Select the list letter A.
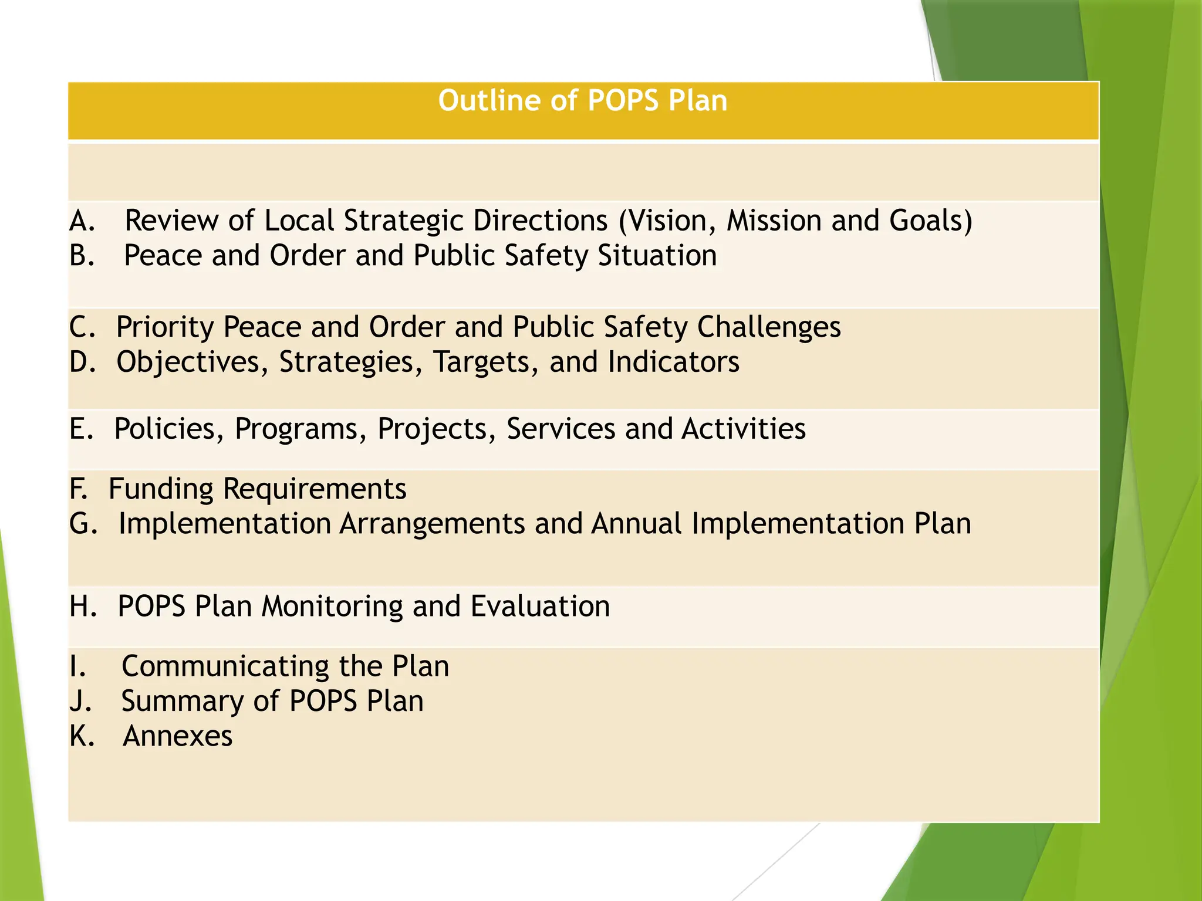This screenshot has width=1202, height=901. pos(82,221)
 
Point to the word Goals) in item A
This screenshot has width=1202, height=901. pos(931,221)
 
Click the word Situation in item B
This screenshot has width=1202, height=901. pos(657,256)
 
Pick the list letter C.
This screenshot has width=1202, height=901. pos(82,327)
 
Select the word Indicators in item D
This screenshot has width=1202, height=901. pos(674,363)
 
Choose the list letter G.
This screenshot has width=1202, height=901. pos(83,524)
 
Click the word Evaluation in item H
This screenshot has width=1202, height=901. pos(540,607)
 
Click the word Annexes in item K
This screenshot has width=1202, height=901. pos(178,736)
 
